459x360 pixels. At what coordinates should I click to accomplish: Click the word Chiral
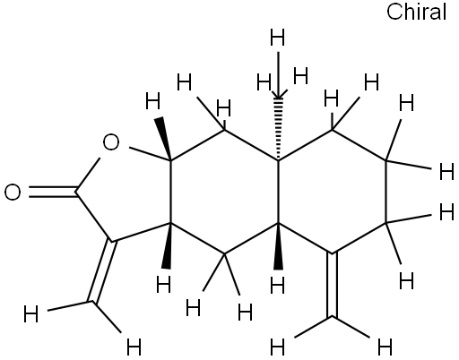click(x=416, y=12)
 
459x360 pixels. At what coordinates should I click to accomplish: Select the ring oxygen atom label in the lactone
click(x=111, y=142)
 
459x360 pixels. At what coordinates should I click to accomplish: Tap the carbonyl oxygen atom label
click(x=13, y=192)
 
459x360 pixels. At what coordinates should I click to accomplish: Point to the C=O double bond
click(x=53, y=192)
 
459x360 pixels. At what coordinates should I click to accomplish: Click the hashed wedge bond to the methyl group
click(x=279, y=129)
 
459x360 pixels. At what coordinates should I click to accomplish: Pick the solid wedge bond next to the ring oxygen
click(x=163, y=139)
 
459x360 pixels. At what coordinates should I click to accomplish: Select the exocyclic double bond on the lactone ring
click(x=102, y=271)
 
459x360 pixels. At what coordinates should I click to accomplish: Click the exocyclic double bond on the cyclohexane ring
click(x=332, y=285)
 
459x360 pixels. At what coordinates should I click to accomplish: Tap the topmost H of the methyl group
click(x=277, y=37)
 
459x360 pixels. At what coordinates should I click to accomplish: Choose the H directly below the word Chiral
click(x=407, y=103)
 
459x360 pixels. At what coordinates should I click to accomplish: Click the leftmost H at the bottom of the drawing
click(x=30, y=313)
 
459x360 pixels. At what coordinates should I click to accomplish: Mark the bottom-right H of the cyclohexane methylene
click(x=385, y=347)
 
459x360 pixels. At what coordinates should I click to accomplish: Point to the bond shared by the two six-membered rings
click(x=279, y=192)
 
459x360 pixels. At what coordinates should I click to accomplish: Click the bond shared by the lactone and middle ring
click(x=171, y=192)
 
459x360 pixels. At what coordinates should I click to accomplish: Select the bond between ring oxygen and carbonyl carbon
click(x=88, y=175)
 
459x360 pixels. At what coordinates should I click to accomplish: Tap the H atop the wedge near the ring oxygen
click(x=153, y=101)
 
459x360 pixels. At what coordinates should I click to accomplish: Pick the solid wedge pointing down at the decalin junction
click(x=279, y=246)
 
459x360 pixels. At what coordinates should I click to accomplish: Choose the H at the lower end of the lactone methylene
click(x=134, y=347)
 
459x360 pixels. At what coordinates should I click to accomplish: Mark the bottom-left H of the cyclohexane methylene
click(x=277, y=347)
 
